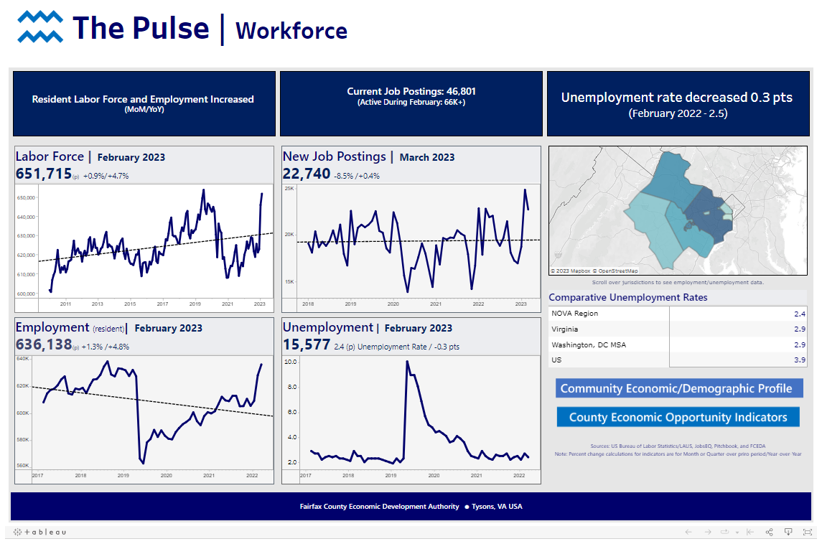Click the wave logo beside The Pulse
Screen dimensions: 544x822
[40, 28]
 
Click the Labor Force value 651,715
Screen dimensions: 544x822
[44, 174]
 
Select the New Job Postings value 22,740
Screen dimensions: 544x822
[307, 174]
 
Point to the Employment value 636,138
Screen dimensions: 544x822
[44, 344]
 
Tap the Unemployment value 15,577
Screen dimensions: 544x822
[307, 344]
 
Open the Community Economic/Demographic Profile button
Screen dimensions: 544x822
[678, 388]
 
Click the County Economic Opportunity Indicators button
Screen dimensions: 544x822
[678, 417]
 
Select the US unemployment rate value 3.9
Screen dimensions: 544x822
[800, 360]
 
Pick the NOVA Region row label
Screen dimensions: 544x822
[574, 314]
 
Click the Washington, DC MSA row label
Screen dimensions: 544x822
[588, 345]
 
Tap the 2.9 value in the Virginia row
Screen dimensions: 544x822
[800, 329]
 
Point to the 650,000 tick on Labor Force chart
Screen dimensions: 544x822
[26, 198]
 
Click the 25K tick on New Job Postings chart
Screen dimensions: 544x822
[289, 189]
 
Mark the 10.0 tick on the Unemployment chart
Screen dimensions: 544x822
[290, 362]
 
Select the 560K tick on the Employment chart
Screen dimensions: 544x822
[22, 465]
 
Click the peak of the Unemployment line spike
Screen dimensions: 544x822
[407, 362]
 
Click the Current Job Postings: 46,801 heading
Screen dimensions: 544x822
[411, 92]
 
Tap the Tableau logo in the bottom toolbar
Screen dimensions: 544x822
[40, 532]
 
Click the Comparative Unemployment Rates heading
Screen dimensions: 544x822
[627, 297]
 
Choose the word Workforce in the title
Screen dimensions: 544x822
[291, 31]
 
